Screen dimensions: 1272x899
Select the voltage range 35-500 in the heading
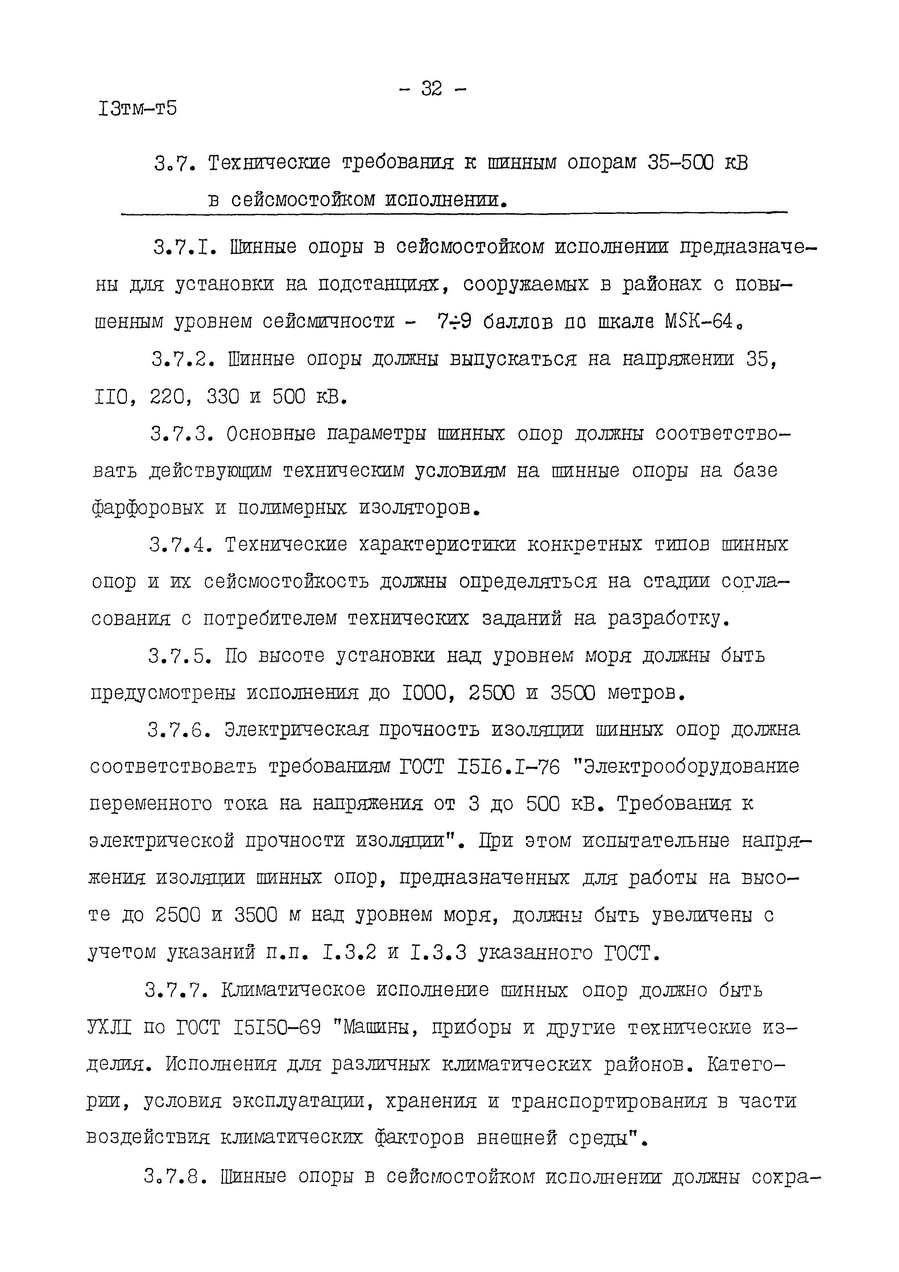pyautogui.click(x=681, y=162)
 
